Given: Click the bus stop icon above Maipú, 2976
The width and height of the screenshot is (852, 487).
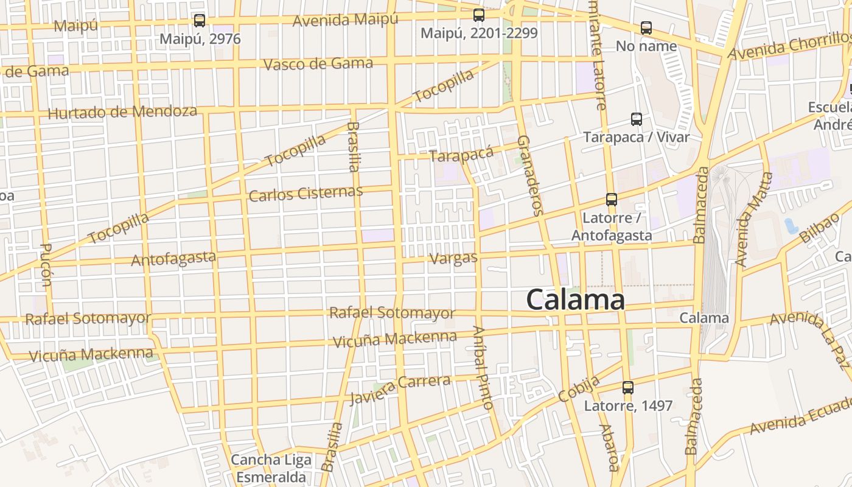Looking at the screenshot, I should click(200, 21).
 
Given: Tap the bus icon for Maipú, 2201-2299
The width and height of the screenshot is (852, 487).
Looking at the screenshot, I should click(479, 15).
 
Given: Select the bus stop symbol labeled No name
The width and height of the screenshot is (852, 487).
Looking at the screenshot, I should click(646, 28).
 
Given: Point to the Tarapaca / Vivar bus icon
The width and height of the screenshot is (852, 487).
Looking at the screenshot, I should click(637, 119).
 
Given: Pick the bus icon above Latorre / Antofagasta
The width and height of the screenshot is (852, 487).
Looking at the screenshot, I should click(612, 200).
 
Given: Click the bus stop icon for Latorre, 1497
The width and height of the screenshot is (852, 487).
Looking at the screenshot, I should click(628, 388).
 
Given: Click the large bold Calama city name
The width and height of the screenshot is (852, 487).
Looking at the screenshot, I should click(575, 300).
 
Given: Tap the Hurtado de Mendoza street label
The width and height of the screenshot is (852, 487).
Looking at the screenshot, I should click(122, 113).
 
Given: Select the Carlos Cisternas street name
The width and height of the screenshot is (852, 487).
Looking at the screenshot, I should click(306, 194).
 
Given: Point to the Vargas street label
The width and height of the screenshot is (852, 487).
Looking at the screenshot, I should click(453, 258).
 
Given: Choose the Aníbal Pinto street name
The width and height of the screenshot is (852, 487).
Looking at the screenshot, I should click(483, 367).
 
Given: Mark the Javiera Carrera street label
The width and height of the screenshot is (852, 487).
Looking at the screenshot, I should click(400, 389).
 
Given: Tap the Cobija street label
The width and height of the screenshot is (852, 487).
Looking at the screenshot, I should click(579, 388).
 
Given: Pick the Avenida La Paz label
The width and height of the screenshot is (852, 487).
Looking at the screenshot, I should click(809, 338).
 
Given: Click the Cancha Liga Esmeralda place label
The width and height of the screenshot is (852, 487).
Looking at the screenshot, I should click(271, 468).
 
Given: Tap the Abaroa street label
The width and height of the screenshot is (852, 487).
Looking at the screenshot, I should click(609, 447).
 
